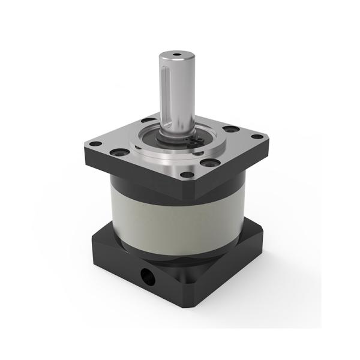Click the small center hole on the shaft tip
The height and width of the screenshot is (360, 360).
pyautogui.click(x=175, y=56)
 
